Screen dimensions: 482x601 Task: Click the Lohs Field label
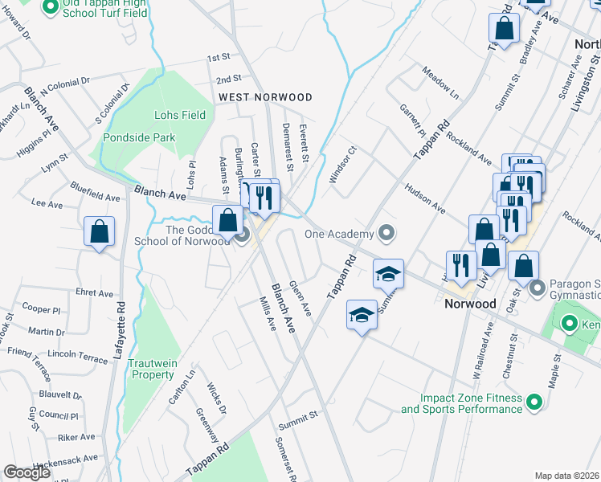(182, 115)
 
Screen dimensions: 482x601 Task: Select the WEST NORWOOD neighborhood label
(265, 97)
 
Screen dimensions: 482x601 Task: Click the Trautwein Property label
(153, 369)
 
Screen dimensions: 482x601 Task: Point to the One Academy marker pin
(386, 234)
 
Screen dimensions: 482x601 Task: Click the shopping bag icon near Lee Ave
(99, 232)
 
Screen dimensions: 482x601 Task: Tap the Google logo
(27, 472)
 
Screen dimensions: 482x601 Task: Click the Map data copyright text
(567, 476)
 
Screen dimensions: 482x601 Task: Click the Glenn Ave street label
(300, 298)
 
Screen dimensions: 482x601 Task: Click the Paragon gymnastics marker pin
(538, 285)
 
